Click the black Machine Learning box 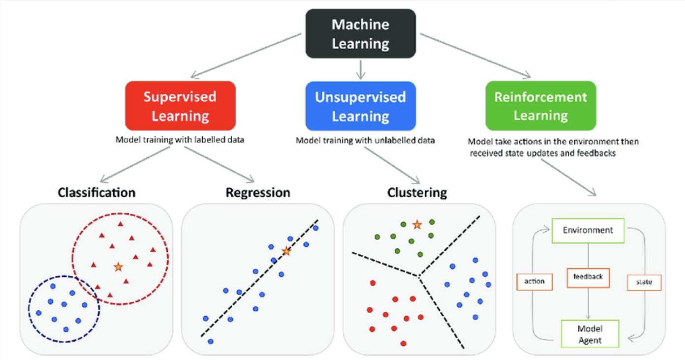point(361,33)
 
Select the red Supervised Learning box point(181,106)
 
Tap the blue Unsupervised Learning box point(361,106)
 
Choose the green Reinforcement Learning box point(541,106)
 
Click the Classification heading point(96,192)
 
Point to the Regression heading point(258,192)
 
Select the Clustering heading point(417,192)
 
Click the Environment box point(588,231)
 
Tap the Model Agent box point(590,334)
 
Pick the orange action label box point(534,281)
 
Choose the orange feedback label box point(588,277)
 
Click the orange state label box point(644,282)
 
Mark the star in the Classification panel point(118,267)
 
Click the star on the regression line point(286,251)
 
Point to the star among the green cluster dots point(417,225)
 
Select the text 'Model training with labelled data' point(180,140)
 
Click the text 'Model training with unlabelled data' point(365,140)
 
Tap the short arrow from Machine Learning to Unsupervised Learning point(361,70)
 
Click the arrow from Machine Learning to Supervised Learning point(246,56)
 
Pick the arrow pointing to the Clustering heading point(392,165)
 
